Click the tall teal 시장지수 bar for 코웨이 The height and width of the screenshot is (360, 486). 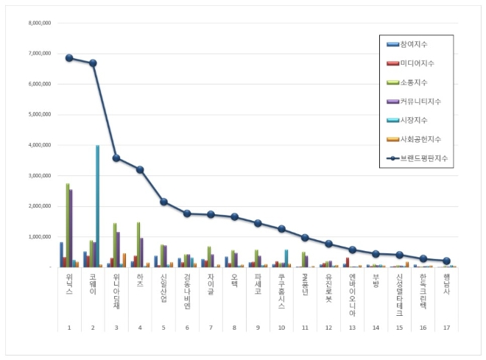[97, 206]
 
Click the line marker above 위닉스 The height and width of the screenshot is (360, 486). [69, 58]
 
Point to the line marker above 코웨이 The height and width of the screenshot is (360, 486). [93, 63]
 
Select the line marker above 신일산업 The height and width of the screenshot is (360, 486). [163, 202]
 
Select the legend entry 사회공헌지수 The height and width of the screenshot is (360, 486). [420, 138]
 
